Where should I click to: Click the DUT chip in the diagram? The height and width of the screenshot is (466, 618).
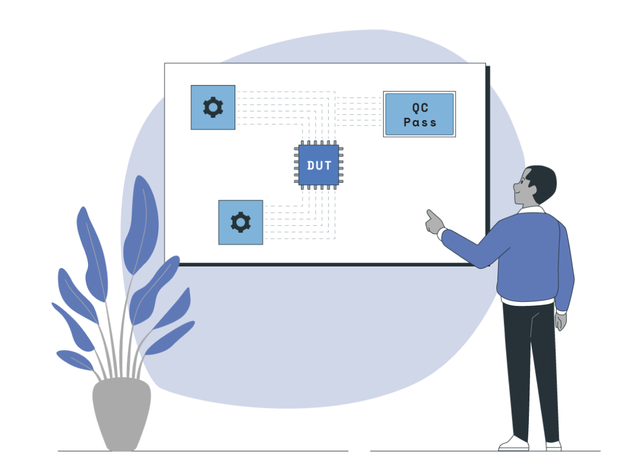(319, 165)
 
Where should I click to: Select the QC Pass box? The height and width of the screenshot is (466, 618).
(419, 114)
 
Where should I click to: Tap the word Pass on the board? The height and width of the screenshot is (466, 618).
(420, 122)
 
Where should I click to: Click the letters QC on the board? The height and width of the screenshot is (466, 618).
(420, 107)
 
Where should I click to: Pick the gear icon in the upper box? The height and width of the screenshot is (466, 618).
(213, 107)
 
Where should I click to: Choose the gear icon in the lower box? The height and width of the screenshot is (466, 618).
(240, 222)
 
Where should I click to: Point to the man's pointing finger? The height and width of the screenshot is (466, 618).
(430, 214)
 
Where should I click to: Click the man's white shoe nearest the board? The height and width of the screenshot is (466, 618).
(513, 443)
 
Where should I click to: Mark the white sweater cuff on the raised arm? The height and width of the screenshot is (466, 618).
(441, 233)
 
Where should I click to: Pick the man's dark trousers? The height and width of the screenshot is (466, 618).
(531, 366)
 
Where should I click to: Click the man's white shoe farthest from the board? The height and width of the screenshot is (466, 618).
(553, 445)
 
